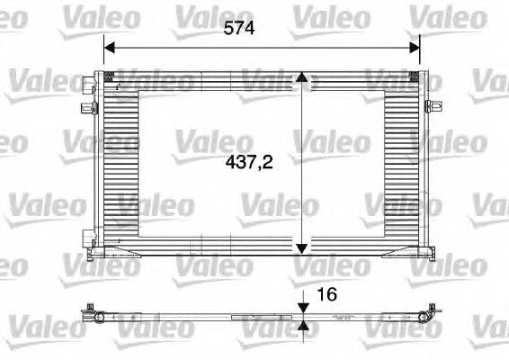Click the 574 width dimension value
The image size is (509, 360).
point(238,28)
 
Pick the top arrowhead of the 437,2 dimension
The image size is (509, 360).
point(303,78)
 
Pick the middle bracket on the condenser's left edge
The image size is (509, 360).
point(89,108)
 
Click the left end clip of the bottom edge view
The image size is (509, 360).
point(93,316)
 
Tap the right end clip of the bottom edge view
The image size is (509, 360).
point(430,316)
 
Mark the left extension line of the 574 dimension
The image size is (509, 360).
point(103,58)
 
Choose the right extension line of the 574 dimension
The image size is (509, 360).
point(421,58)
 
